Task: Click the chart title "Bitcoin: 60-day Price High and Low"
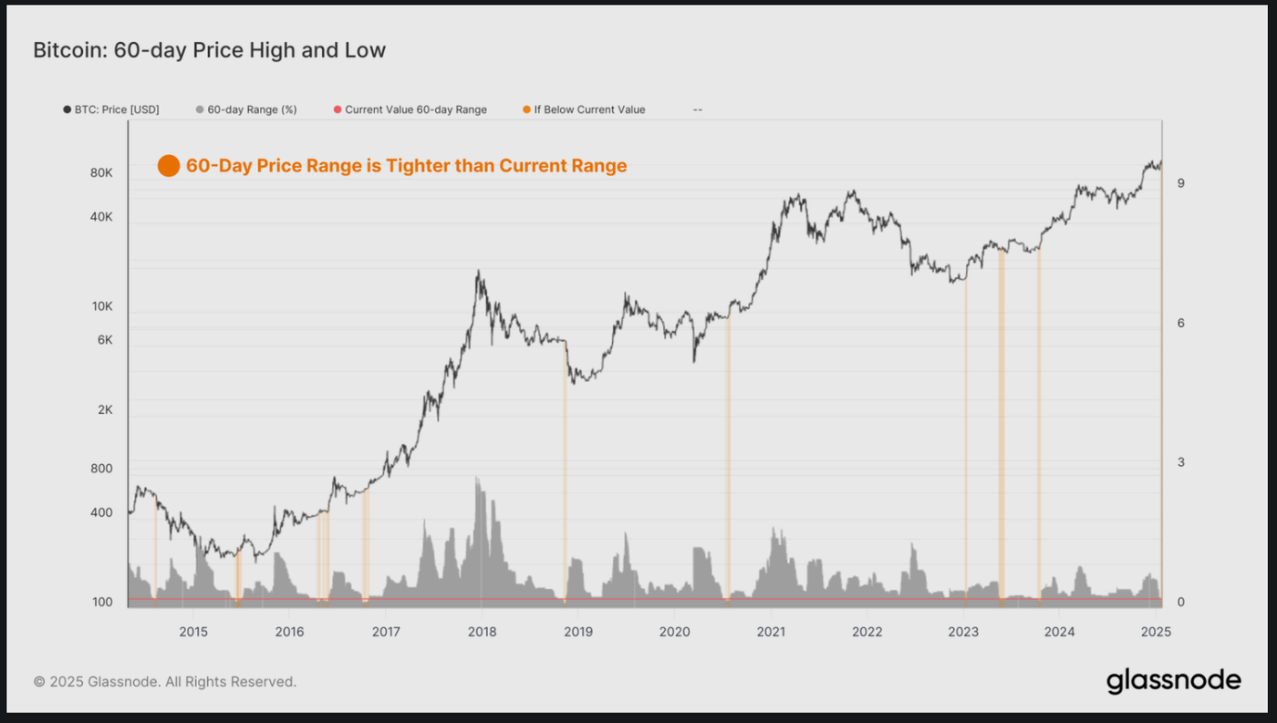coord(209,50)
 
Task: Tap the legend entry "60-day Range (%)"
coord(246,109)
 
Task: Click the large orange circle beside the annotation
coord(169,166)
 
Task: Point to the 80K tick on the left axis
coord(101,173)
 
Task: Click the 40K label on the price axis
coord(101,217)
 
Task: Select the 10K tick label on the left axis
coord(101,306)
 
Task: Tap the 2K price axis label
coord(104,410)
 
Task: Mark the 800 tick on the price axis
coord(102,469)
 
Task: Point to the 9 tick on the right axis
coord(1180,183)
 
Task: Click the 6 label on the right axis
coord(1180,323)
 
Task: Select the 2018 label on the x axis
coord(482,632)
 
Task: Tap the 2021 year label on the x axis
coord(771,632)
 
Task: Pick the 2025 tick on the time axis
coord(1156,632)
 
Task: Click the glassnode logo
coord(1173,680)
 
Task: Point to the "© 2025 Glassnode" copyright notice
coord(165,681)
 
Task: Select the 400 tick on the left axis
coord(101,512)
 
